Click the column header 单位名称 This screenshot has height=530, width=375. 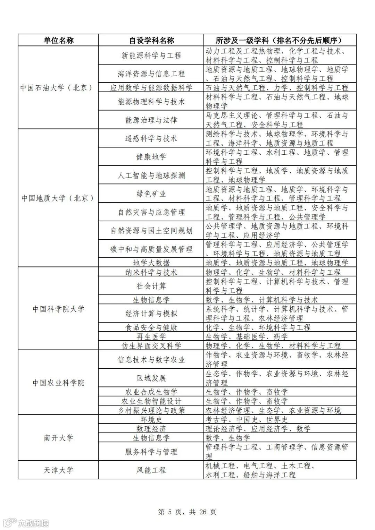(58, 40)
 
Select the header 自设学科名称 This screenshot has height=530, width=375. (151, 40)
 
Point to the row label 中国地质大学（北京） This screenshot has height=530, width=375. (58, 198)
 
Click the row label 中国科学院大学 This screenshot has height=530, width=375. (58, 309)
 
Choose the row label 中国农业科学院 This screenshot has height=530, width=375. (58, 383)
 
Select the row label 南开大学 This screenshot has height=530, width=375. (58, 438)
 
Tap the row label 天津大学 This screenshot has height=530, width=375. (58, 470)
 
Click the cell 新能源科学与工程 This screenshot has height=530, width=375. (151, 55)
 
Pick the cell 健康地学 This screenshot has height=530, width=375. (151, 157)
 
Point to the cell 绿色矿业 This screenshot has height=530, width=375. (151, 194)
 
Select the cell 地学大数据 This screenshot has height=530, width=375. (151, 263)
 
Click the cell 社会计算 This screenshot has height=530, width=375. (151, 286)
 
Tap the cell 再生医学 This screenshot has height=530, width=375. (151, 336)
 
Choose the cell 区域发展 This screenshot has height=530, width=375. (151, 378)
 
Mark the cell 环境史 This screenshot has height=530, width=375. (151, 419)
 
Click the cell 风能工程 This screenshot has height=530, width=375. (151, 470)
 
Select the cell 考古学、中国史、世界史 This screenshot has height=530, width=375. (247, 419)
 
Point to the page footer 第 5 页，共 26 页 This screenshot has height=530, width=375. (187, 512)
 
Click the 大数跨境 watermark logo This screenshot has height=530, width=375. (26, 523)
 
